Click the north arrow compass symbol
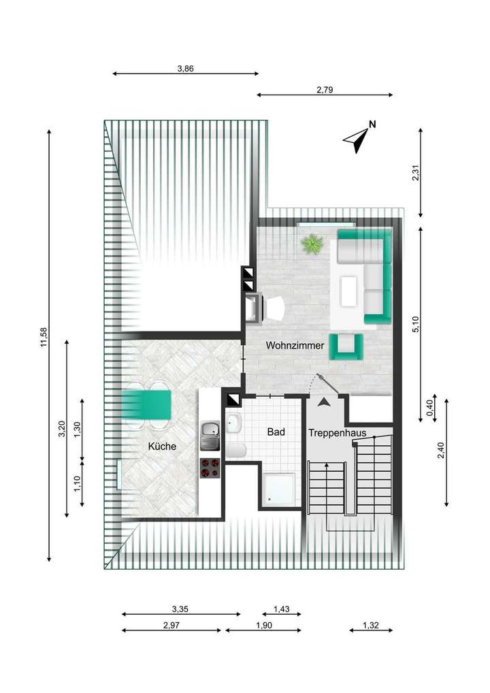(x=358, y=138)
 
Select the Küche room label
(x=163, y=447)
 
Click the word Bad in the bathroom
(x=276, y=432)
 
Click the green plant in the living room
(x=312, y=243)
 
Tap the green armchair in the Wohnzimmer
(x=347, y=346)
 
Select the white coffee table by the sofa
(x=350, y=291)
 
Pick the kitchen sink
(x=209, y=432)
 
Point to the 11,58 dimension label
(x=44, y=338)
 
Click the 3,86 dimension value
(x=186, y=68)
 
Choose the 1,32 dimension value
(x=371, y=625)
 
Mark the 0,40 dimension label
(x=429, y=408)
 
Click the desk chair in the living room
(x=275, y=309)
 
